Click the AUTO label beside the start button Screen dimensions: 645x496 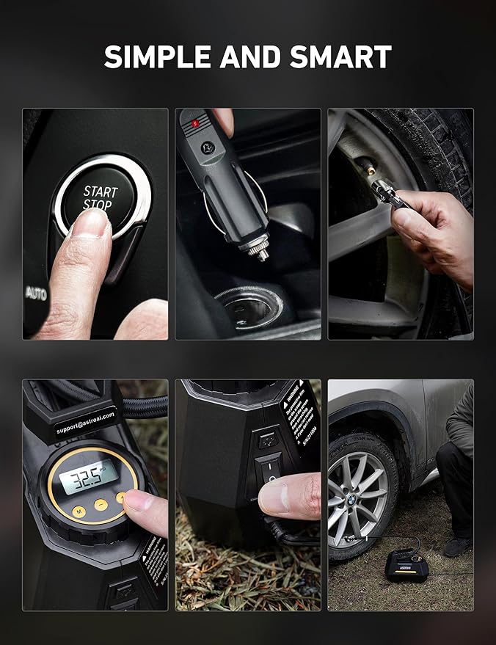[x=36, y=292]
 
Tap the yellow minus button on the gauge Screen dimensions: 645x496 [x=99, y=506]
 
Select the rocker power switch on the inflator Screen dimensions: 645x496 [x=271, y=470]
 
